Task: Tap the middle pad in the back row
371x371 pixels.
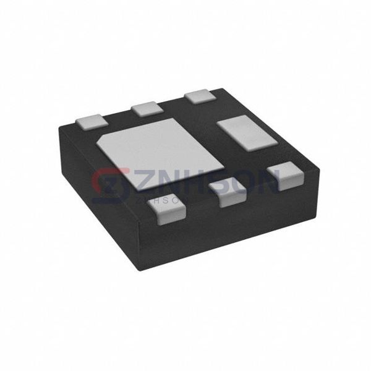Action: click(x=146, y=109)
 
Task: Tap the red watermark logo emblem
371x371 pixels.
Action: click(x=108, y=184)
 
